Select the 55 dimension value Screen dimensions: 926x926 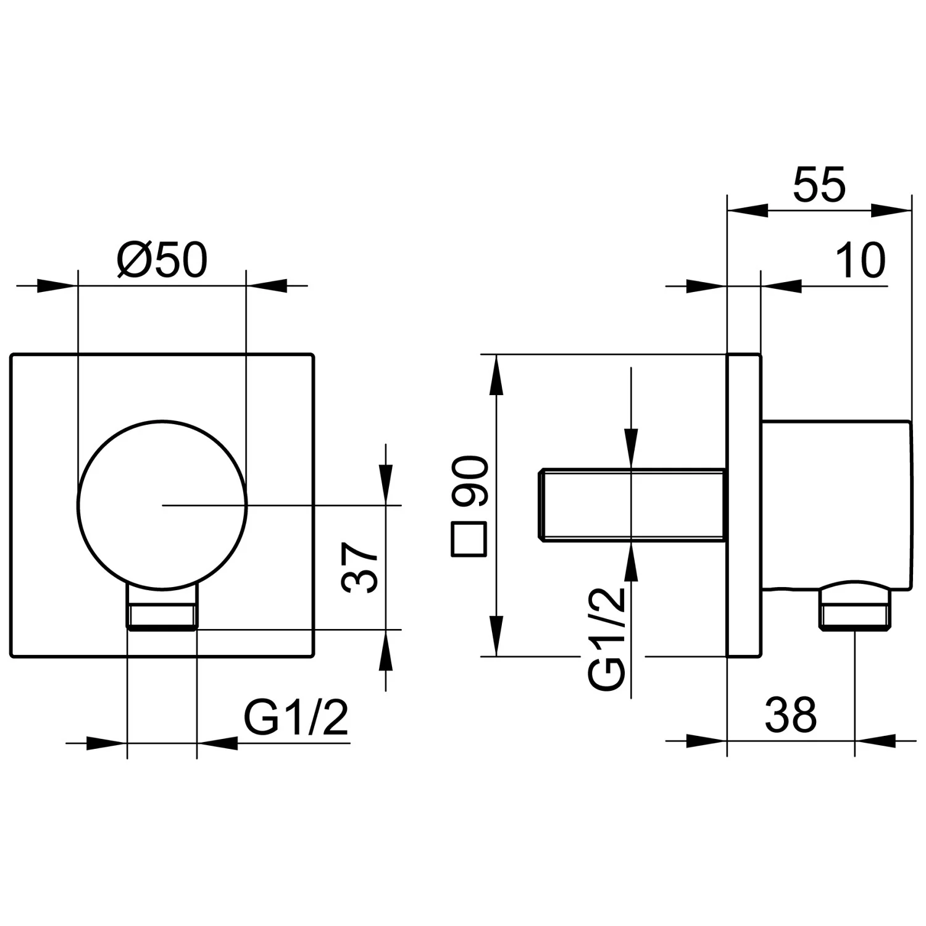click(819, 184)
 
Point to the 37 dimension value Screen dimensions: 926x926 click(361, 568)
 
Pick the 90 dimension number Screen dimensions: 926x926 click(470, 482)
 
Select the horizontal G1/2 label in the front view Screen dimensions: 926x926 click(296, 717)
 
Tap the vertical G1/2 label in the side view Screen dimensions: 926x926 click(607, 638)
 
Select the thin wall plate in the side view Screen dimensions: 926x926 click(744, 505)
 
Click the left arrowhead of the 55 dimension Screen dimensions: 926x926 click(748, 210)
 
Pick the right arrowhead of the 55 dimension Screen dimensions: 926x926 click(891, 210)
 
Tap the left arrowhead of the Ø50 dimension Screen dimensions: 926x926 click(57, 286)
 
